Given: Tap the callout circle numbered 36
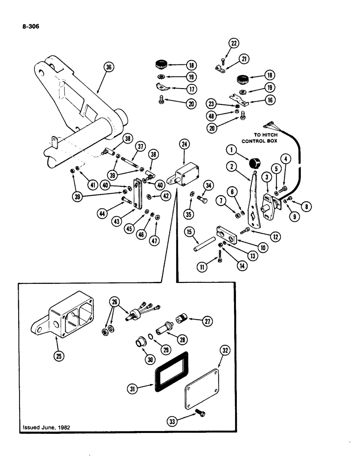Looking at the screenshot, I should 110,67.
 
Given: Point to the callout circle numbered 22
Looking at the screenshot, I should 233,44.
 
